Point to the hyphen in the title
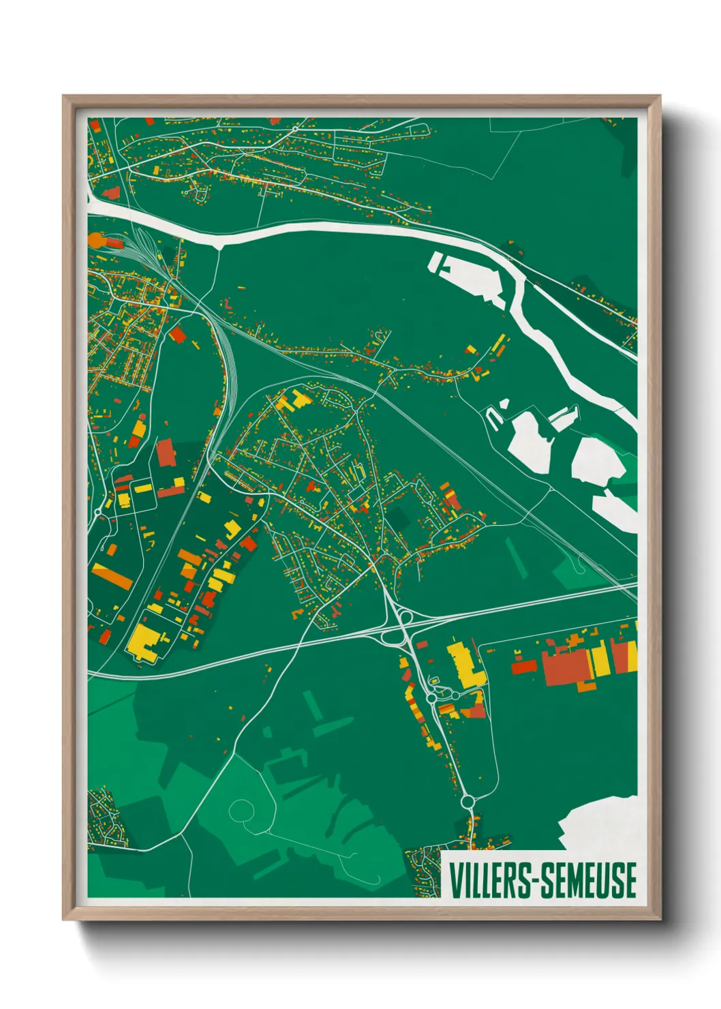(538, 882)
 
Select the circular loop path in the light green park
(243, 811)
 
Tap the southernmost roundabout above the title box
(467, 802)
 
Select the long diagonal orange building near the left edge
(112, 576)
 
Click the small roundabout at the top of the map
(295, 128)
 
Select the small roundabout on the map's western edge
(98, 511)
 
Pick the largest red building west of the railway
(166, 453)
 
